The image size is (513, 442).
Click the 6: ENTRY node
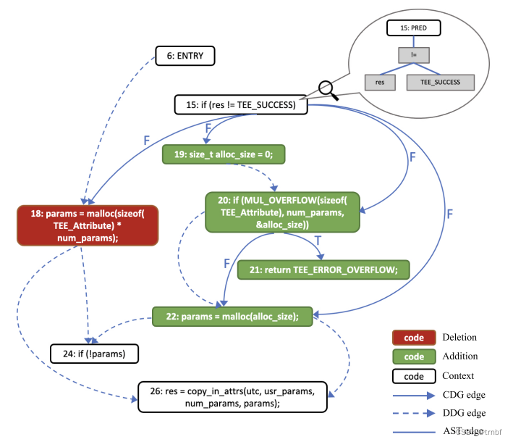pos(185,55)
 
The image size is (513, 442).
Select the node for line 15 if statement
pos(240,105)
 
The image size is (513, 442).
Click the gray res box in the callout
pos(380,83)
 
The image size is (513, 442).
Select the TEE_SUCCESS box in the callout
pos(440,83)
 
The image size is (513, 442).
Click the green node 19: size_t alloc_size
pos(223,154)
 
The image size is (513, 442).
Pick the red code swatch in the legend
pos(413,337)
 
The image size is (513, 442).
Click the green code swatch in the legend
pos(413,356)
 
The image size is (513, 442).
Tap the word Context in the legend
pos(457,375)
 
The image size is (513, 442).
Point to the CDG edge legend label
pos(464,395)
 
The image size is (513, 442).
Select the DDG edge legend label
pos(464,414)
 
